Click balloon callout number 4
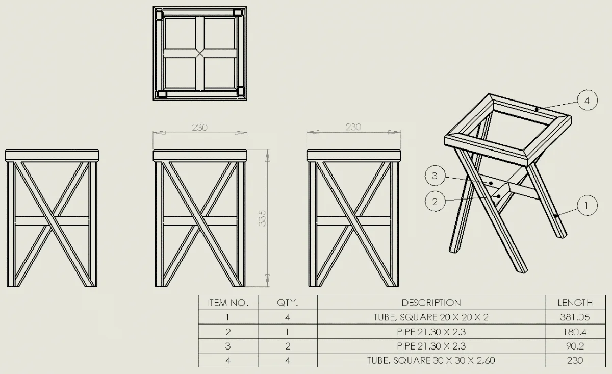[587, 101]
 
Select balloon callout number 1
[587, 206]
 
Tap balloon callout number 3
[435, 176]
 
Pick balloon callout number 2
[435, 202]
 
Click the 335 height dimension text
[262, 218]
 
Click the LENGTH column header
[575, 303]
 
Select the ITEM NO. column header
[228, 303]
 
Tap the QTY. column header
[287, 303]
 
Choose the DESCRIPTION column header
[431, 303]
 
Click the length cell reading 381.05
[575, 317]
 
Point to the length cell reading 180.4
[575, 332]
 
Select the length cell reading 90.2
[575, 346]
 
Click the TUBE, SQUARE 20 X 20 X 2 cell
[431, 317]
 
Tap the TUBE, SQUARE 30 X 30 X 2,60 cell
[431, 360]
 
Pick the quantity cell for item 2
[287, 332]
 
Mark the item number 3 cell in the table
[228, 346]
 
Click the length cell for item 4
[575, 360]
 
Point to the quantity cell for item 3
[287, 346]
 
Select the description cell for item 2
[431, 332]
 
